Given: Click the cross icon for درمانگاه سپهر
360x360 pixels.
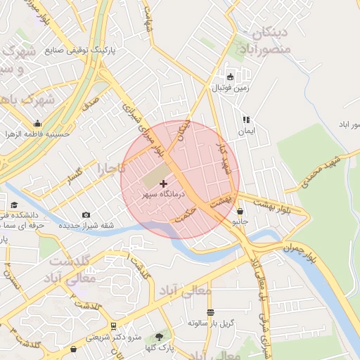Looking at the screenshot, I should click(164, 184).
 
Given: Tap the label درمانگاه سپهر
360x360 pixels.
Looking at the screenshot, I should click(162, 193).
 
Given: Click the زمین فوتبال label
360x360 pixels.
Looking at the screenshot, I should click(229, 88).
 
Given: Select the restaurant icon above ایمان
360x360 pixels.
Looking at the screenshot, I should click(246, 120).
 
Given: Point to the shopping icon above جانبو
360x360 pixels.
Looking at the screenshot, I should click(241, 211).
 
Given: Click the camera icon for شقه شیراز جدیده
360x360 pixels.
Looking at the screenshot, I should click(86, 215).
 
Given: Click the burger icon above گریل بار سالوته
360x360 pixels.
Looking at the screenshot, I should click(210, 312).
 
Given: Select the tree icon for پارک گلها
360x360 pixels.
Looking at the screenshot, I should click(159, 336).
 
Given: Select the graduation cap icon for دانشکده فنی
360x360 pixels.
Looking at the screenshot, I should click(13, 205).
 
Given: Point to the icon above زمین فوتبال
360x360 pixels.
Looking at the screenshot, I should click(230, 77).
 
